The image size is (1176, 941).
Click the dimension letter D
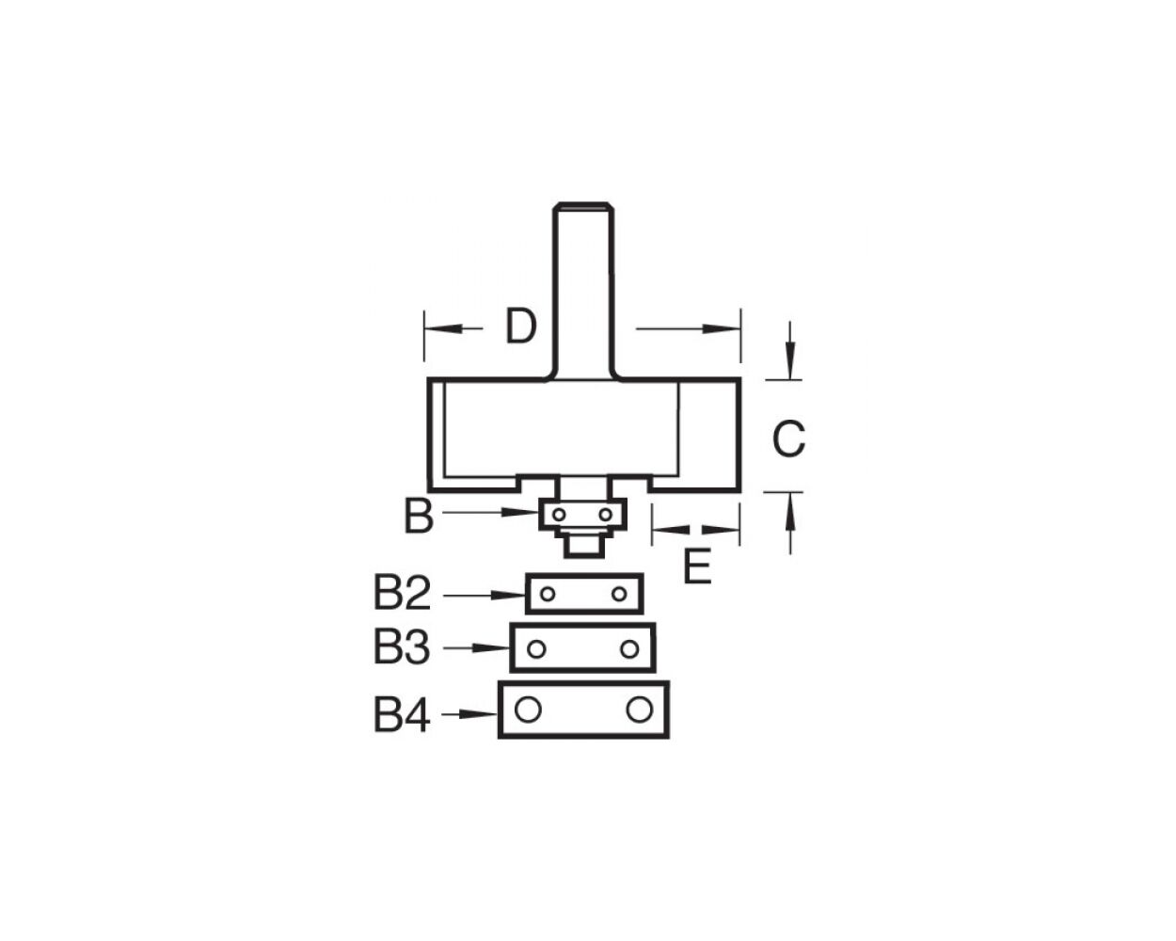[x=520, y=327]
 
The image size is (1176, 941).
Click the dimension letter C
[x=788, y=439]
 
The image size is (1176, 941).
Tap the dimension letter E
[x=696, y=567]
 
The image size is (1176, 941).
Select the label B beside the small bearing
[x=419, y=517]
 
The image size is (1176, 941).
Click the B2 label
[x=402, y=594]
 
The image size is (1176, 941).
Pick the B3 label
[x=402, y=648]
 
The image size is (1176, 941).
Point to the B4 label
[x=402, y=716]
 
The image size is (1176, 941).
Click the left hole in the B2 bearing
[x=547, y=594]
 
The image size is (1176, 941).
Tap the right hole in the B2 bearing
[x=619, y=594]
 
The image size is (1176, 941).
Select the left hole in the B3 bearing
[x=536, y=648]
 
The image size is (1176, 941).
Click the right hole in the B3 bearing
[x=629, y=648]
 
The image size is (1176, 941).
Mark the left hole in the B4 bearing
[x=528, y=710]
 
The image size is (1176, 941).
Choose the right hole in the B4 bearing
[x=639, y=710]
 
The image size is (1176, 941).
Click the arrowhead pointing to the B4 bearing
[x=486, y=715]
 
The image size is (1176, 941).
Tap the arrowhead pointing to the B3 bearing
[x=499, y=648]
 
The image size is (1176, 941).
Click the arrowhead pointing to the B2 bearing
[x=514, y=595]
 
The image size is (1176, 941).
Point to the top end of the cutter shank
[x=583, y=204]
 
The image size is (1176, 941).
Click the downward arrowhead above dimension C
[x=790, y=366]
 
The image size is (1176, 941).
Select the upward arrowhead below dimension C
[x=790, y=505]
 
